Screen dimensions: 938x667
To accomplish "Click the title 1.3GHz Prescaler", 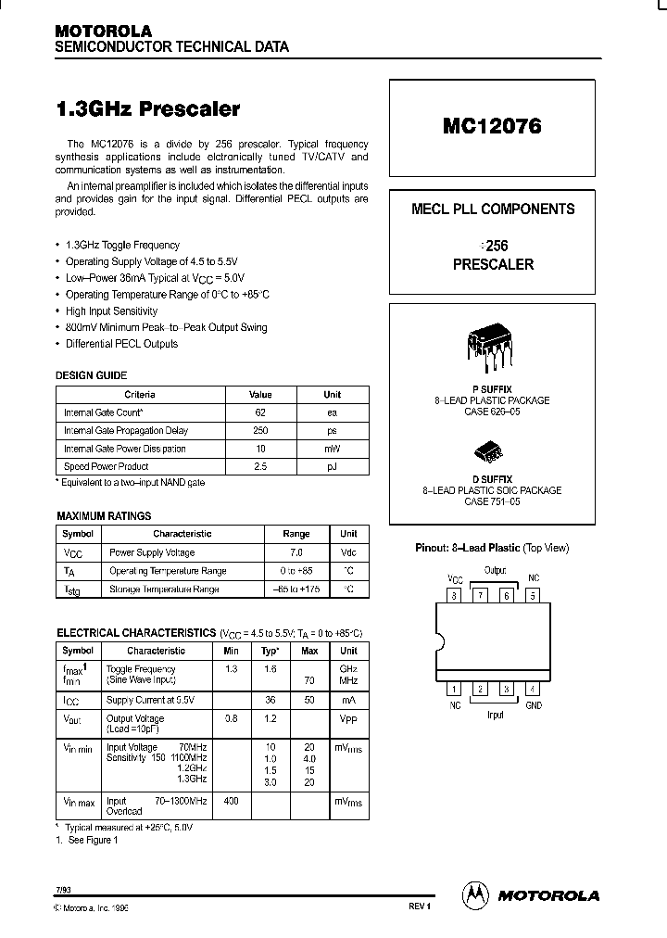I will click(148, 108).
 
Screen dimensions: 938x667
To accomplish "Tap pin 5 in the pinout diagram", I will click(533, 596).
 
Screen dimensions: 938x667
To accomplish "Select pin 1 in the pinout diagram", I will click(454, 688).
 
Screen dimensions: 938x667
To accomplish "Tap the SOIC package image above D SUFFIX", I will click(490, 451).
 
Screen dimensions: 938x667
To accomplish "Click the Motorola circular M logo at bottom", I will click(475, 894).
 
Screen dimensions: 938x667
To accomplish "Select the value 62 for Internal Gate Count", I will click(260, 412).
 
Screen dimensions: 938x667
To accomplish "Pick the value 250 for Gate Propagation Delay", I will click(260, 430).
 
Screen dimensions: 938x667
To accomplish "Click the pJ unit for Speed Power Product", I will click(332, 466).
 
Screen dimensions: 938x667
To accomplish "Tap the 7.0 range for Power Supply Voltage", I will click(296, 552).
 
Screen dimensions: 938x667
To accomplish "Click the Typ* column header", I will click(270, 651).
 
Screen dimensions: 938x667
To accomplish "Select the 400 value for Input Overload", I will click(231, 800).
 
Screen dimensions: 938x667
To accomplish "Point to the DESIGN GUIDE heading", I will click(92, 375).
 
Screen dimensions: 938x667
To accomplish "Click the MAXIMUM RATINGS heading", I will click(104, 515).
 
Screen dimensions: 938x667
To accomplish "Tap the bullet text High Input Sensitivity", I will click(111, 311).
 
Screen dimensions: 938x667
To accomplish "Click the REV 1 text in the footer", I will click(419, 906).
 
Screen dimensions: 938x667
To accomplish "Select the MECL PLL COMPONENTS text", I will click(492, 209).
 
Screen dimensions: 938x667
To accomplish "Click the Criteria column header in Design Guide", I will click(140, 394).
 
